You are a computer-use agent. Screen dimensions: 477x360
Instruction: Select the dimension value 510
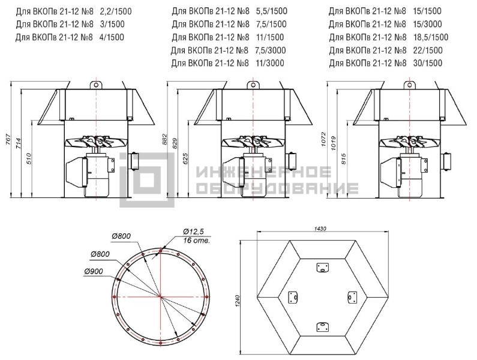click(x=29, y=158)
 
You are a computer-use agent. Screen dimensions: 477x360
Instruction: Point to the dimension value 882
click(x=164, y=139)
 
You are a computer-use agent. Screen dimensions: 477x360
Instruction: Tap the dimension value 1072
click(x=323, y=139)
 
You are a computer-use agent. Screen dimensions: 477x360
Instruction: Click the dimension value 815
click(x=344, y=158)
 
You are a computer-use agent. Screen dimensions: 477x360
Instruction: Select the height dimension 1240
click(x=238, y=301)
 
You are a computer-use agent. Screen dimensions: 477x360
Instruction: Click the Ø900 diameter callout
click(x=94, y=271)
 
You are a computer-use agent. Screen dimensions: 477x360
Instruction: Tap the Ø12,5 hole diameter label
click(x=193, y=232)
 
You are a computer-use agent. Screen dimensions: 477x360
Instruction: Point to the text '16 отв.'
click(x=197, y=241)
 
